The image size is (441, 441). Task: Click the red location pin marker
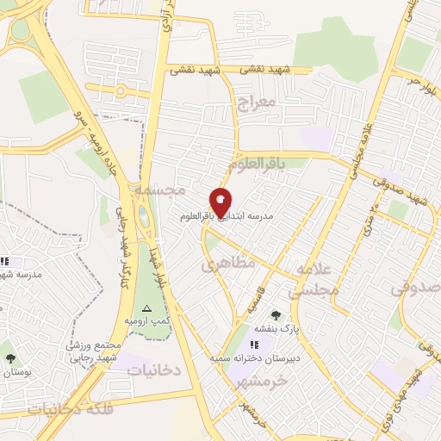[x=220, y=201]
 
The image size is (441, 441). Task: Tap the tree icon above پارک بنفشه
[x=276, y=315]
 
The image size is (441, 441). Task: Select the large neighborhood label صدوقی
[x=415, y=288]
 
